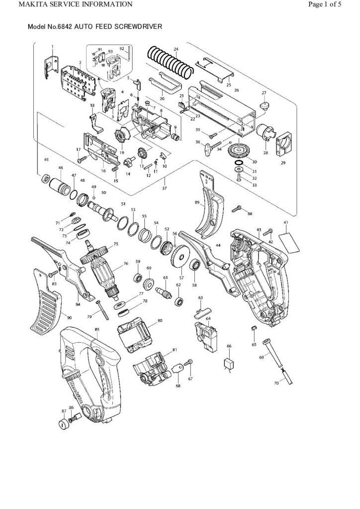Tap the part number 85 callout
click(x=97, y=330)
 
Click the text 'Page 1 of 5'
click(x=332, y=5)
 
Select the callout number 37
click(x=165, y=188)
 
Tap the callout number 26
click(x=236, y=90)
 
